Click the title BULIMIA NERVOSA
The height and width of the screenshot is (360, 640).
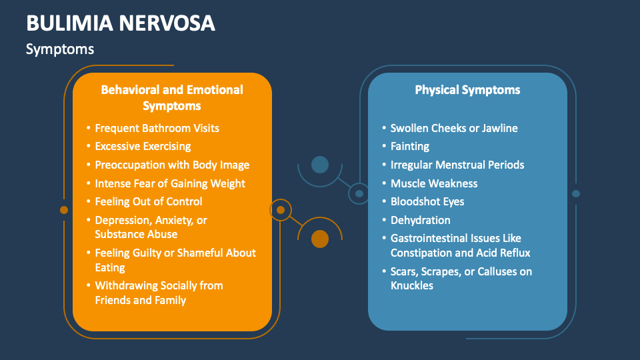pos(121,23)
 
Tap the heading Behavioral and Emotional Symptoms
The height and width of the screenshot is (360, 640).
pos(172,97)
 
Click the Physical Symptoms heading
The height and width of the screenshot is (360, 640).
pos(467,89)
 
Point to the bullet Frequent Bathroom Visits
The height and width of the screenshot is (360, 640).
pos(157,128)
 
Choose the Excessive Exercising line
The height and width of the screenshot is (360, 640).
pos(143,146)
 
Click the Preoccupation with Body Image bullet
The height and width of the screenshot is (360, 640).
pos(172,165)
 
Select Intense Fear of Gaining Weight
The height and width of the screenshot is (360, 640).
pos(170,183)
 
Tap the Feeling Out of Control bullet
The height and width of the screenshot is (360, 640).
pos(149,201)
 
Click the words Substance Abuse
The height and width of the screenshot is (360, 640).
pos(136,234)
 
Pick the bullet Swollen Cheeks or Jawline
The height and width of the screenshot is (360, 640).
pos(454,128)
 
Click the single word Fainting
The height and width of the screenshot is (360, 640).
pos(409,146)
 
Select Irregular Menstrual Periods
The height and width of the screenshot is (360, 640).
pos(457,165)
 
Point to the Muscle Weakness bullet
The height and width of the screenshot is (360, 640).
pos(434,183)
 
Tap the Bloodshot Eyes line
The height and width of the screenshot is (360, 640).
pos(427,201)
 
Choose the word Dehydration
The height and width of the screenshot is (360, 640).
pos(420,220)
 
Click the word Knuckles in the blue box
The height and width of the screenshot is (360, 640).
pos(412,285)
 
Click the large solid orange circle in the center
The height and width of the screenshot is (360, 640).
pos(320,239)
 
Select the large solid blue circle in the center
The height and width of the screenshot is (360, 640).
pos(320,164)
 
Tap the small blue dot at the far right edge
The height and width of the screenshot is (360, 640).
pos(576,194)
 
